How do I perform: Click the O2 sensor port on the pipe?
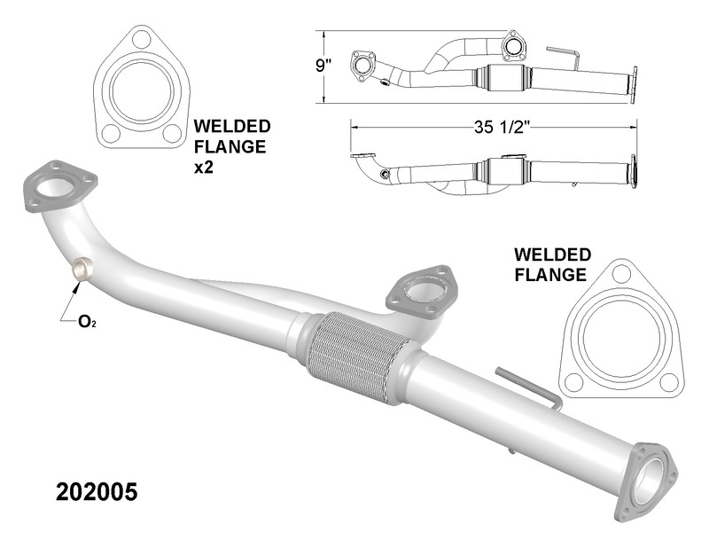[x=82, y=269]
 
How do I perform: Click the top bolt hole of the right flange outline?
[x=621, y=276]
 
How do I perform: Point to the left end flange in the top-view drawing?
[x=362, y=65]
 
